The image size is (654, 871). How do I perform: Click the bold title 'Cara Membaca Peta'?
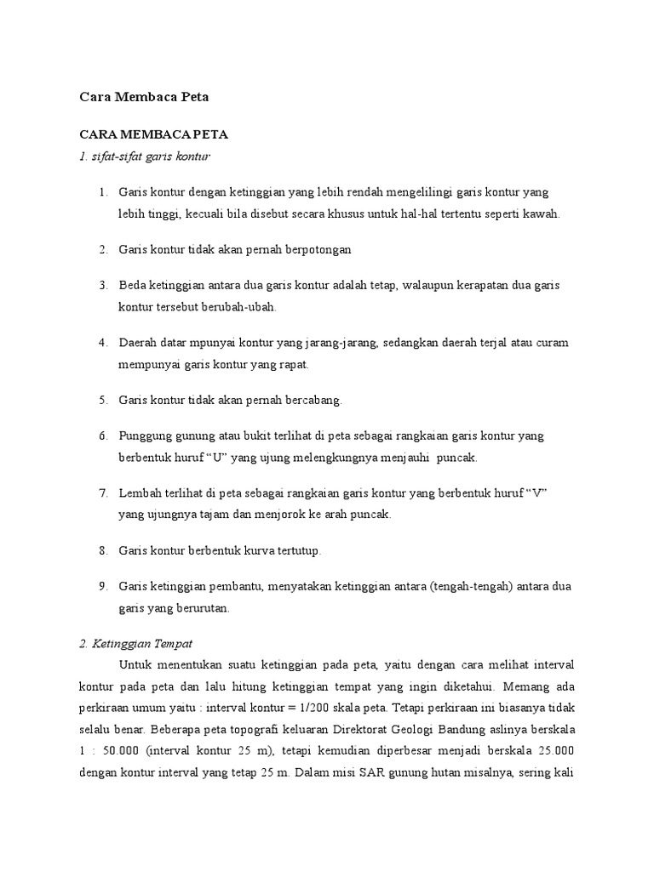(x=144, y=97)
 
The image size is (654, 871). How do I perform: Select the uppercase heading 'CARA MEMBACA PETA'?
(x=153, y=135)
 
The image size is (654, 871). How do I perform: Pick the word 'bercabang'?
(x=313, y=400)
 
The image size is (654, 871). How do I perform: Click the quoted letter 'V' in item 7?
(x=536, y=493)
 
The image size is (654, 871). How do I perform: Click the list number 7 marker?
(x=102, y=493)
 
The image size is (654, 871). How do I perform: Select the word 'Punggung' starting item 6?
(x=145, y=435)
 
